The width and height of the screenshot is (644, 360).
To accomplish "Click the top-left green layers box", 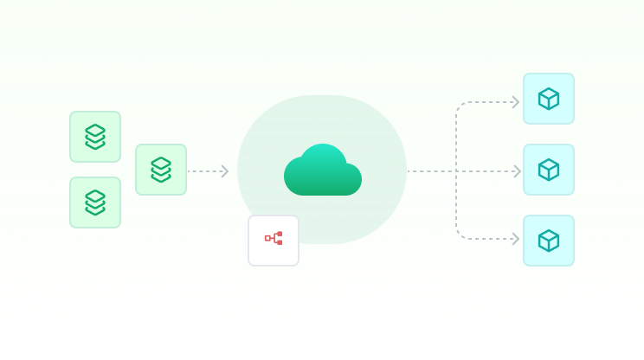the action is click(95, 137).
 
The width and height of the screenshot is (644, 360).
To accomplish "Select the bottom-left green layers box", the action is click(95, 202).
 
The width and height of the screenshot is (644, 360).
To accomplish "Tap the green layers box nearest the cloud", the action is click(161, 170).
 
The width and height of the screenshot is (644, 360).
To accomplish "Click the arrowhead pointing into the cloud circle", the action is click(225, 171).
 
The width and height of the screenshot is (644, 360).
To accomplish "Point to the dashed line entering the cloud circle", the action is click(206, 171).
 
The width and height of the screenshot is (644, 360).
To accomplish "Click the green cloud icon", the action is click(322, 171).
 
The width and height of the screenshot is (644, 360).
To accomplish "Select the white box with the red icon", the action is click(274, 240).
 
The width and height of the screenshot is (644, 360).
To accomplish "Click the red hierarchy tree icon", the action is click(274, 238).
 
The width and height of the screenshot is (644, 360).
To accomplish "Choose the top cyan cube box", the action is click(549, 99).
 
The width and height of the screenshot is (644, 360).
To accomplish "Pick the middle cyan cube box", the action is click(549, 170).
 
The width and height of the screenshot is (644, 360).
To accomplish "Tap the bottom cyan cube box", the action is click(549, 241).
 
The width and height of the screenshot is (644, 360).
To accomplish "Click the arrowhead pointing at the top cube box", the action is click(516, 102).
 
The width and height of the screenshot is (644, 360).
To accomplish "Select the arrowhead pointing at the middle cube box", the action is click(517, 171).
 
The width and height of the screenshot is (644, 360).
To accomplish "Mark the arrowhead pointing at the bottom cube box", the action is click(516, 239).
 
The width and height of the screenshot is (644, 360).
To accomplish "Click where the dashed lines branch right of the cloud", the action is click(456, 171).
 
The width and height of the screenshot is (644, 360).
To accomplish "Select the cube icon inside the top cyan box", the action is click(549, 99).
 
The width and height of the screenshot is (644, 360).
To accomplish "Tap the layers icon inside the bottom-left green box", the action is click(95, 202).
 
